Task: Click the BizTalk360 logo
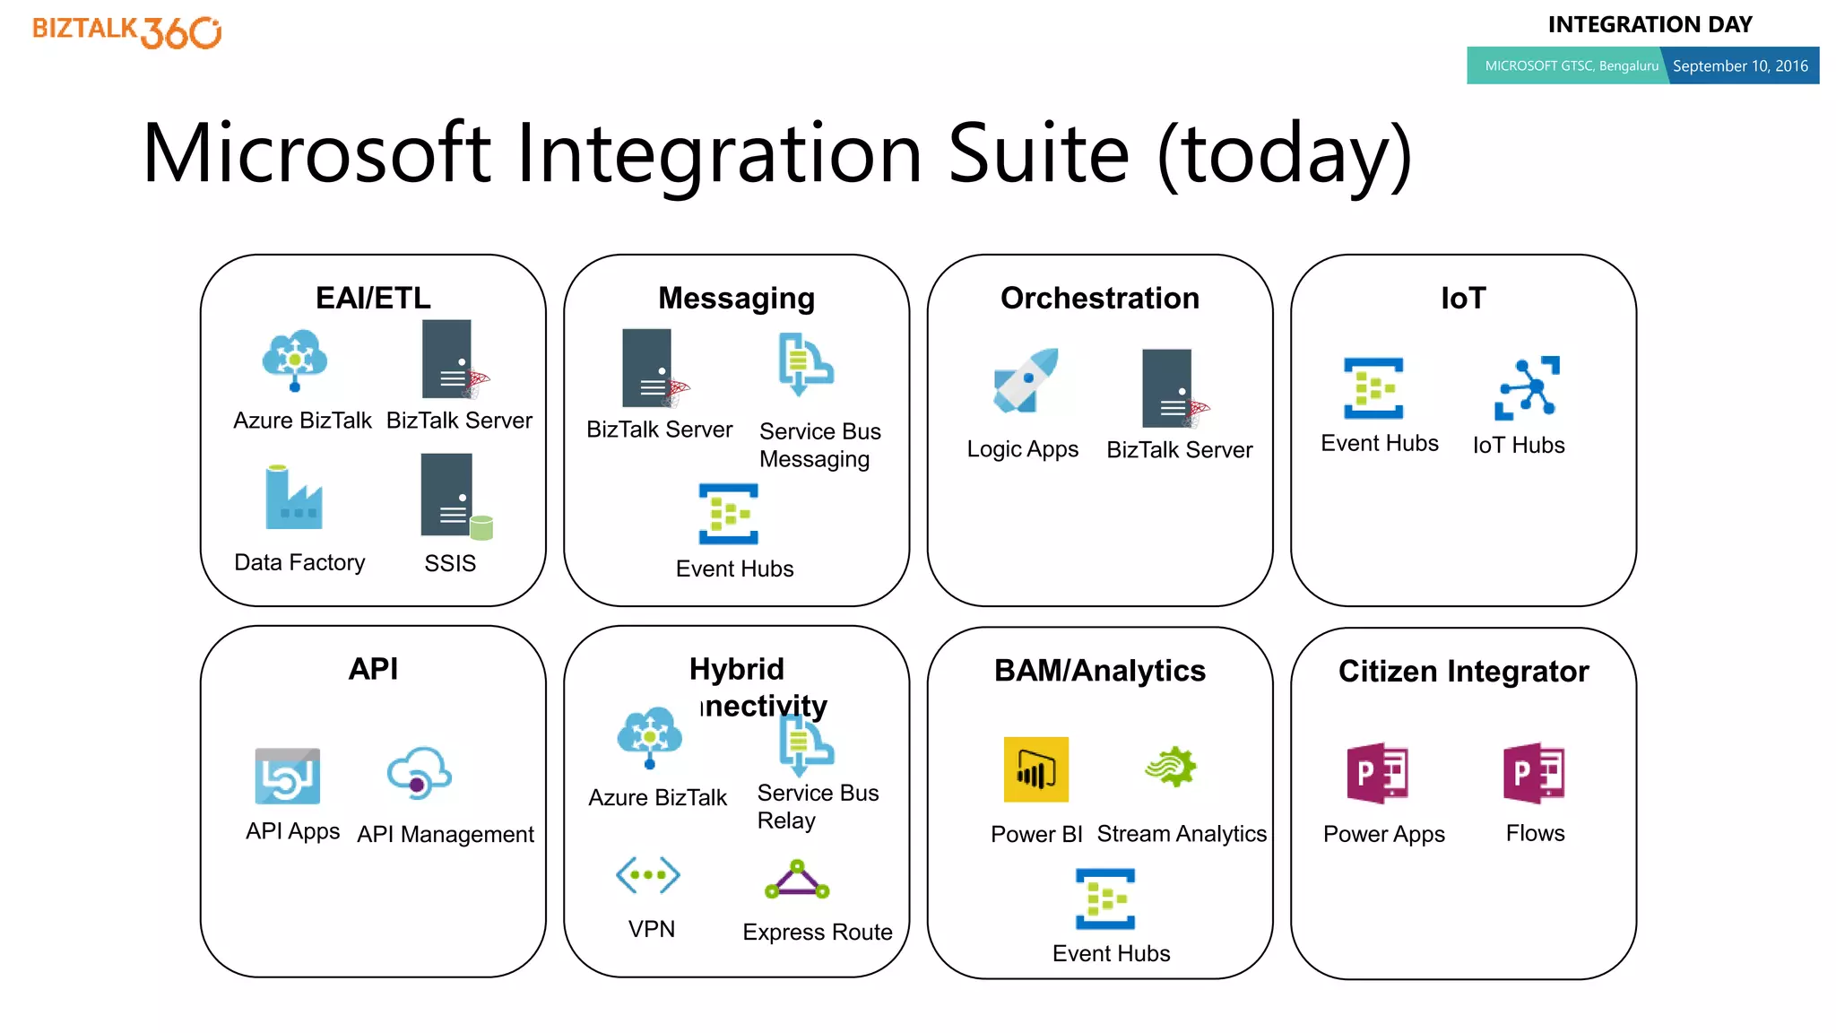[x=126, y=32]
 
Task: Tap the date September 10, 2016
[x=1739, y=65]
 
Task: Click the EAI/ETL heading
[x=373, y=298]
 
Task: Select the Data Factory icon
[x=293, y=498]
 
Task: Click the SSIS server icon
[x=454, y=496]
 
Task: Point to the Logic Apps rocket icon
[x=1026, y=381]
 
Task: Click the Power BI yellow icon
[x=1035, y=769]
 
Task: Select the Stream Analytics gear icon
[x=1171, y=767]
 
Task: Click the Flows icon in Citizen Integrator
[x=1534, y=773]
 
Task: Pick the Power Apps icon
[x=1378, y=773]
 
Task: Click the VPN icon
[x=648, y=874]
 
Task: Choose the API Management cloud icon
[x=419, y=773]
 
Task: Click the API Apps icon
[x=288, y=777]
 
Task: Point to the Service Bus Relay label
[x=817, y=806]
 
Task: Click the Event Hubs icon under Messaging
[x=729, y=515]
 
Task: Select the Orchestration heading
[x=1099, y=298]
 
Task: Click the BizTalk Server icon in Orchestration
[x=1171, y=389]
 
